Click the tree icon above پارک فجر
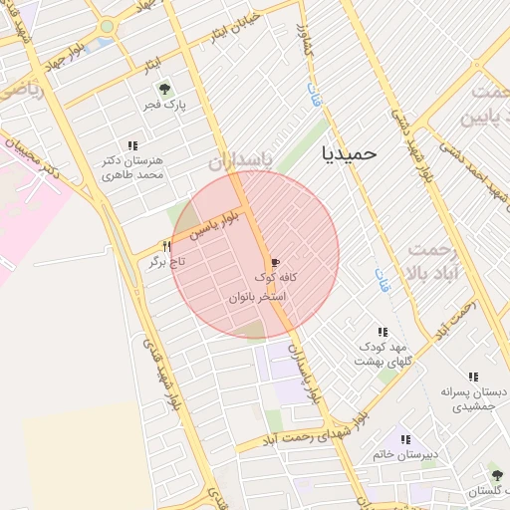click(165, 89)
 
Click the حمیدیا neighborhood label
click(350, 153)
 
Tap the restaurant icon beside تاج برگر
click(167, 246)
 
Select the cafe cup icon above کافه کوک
click(276, 261)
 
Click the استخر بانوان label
click(257, 297)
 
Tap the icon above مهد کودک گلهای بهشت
click(382, 332)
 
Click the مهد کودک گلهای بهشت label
click(381, 354)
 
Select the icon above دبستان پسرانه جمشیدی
click(472, 378)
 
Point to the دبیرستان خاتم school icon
click(404, 439)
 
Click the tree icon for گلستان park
click(496, 475)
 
